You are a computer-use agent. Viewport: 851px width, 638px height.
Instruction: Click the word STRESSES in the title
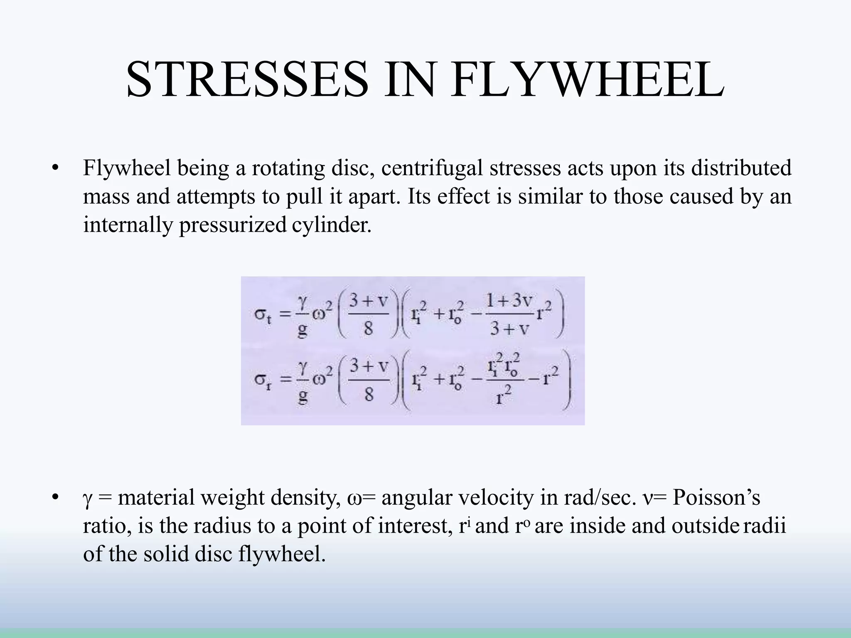[x=247, y=79]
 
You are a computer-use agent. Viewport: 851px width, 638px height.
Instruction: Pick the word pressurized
[x=233, y=225]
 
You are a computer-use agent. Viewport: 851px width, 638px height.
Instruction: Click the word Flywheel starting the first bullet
[x=127, y=168]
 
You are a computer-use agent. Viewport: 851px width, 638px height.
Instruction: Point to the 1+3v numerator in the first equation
[x=509, y=300]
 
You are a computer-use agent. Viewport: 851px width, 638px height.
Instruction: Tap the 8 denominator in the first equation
[x=368, y=329]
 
